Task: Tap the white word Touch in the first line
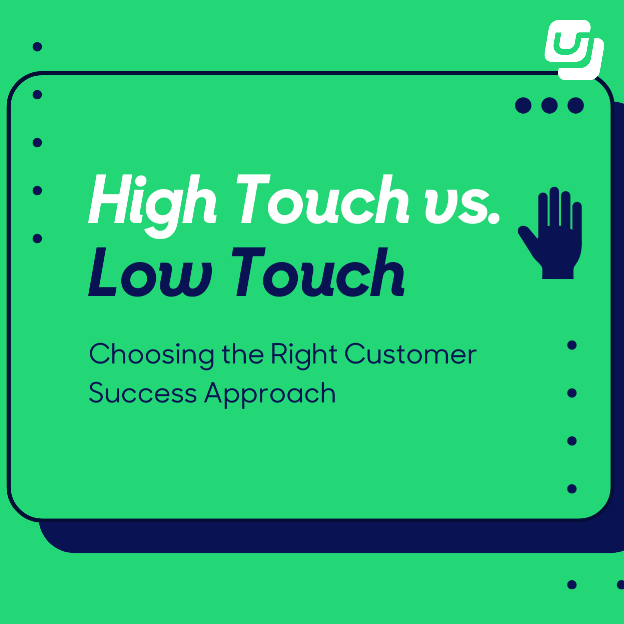[x=322, y=200]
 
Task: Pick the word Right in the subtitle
[x=304, y=354]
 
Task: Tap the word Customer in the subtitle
[x=410, y=354]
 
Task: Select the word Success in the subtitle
[x=142, y=393]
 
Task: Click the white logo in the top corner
[x=574, y=50]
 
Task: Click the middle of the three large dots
[x=549, y=105]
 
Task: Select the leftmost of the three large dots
[x=523, y=105]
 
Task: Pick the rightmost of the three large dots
[x=576, y=105]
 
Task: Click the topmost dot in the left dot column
[x=37, y=47]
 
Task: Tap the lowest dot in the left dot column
[x=37, y=238]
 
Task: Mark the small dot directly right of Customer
[x=572, y=345]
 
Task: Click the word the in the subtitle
[x=242, y=354]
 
